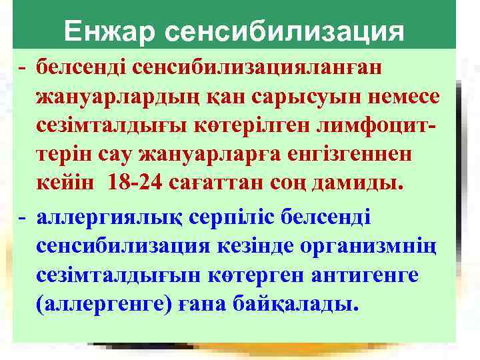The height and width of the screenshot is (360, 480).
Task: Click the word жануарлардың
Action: [115, 97]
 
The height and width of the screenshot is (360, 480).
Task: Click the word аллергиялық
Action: [101, 217]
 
